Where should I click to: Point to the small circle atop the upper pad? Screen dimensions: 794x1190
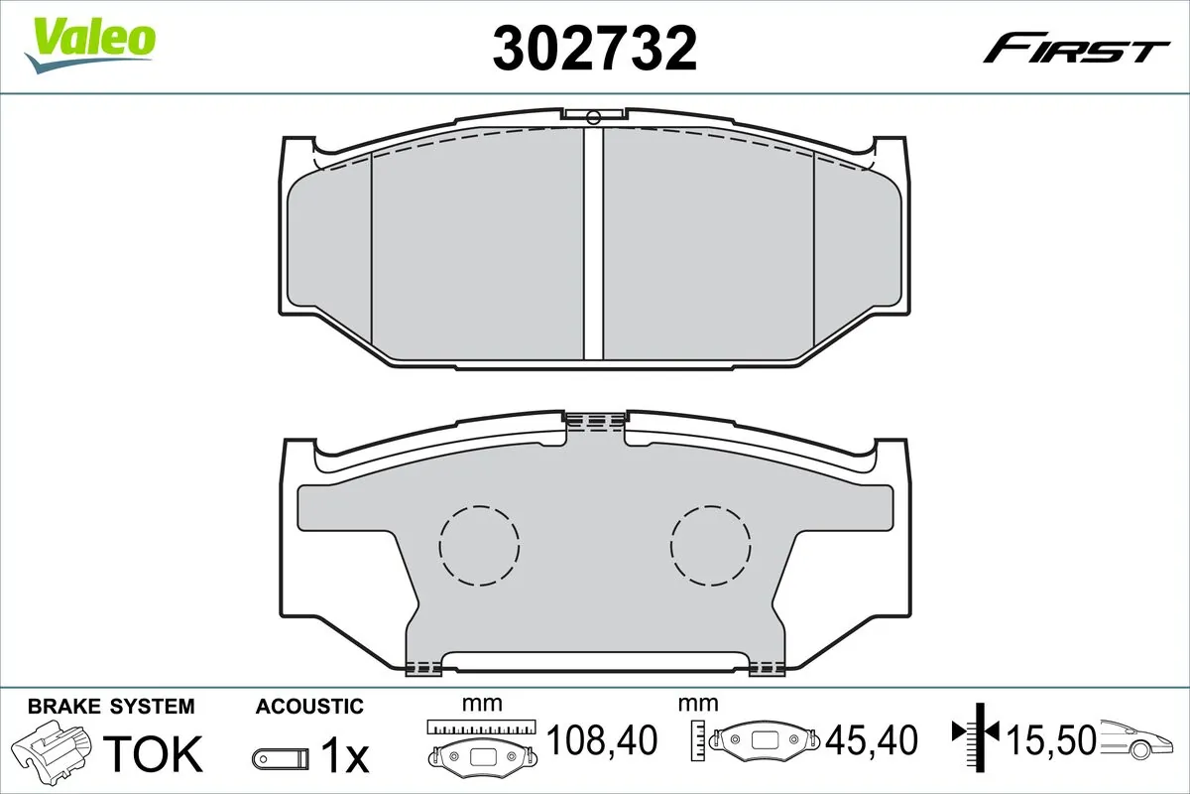pyautogui.click(x=593, y=118)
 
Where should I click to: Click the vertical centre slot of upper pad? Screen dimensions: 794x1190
pyautogui.click(x=593, y=243)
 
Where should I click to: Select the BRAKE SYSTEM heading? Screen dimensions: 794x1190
pyautogui.click(x=111, y=707)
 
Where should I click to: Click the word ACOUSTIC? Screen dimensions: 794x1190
pyautogui.click(x=309, y=707)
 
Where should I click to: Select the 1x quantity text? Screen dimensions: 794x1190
pyautogui.click(x=344, y=756)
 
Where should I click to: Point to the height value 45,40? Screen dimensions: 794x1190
pyautogui.click(x=874, y=739)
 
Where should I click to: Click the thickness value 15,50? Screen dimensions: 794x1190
pyautogui.click(x=1051, y=739)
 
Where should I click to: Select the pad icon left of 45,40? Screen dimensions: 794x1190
pyautogui.click(x=767, y=739)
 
